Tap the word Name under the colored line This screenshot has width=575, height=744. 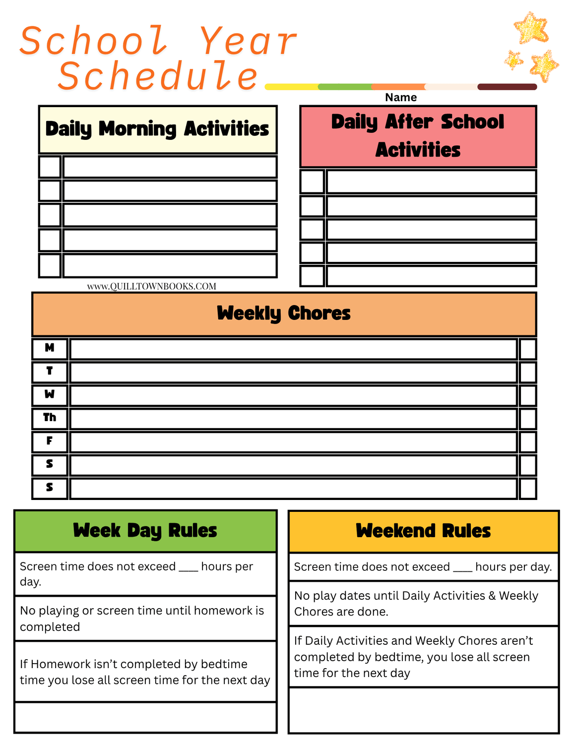(401, 97)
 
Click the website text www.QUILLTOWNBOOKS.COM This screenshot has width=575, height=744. (152, 286)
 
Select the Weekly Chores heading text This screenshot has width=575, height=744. (284, 313)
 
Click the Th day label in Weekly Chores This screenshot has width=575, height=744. (50, 418)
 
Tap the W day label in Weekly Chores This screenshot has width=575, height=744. (50, 394)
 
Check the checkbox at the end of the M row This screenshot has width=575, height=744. (527, 349)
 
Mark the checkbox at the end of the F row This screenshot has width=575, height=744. (527, 442)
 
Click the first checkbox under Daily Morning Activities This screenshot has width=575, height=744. (50, 167)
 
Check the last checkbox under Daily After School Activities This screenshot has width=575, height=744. (313, 276)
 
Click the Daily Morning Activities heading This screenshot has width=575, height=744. (157, 129)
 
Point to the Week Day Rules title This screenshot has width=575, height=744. (145, 531)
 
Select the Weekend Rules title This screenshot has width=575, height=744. (423, 531)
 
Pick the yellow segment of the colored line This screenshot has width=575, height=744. (292, 87)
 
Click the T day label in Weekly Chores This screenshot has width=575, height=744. (50, 371)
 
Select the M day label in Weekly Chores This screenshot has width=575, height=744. (50, 348)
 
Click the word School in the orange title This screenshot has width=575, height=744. (94, 41)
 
